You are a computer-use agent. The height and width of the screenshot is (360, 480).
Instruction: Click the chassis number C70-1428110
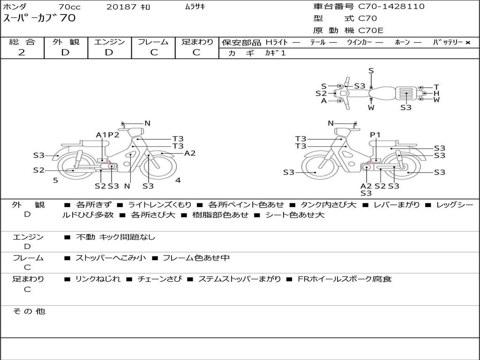click(x=391, y=7)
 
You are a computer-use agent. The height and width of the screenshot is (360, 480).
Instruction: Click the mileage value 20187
click(x=121, y=7)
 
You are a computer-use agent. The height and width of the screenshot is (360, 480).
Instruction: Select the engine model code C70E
click(x=371, y=31)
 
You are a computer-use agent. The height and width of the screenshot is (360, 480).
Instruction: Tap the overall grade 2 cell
click(x=22, y=52)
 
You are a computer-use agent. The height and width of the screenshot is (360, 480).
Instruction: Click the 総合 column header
click(x=22, y=42)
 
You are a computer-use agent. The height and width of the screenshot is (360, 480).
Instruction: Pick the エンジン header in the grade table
click(x=109, y=42)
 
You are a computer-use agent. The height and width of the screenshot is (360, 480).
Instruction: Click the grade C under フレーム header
click(x=154, y=52)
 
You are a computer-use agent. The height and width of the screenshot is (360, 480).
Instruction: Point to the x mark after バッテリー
click(x=468, y=43)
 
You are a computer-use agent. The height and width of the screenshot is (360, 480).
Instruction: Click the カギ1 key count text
click(x=275, y=53)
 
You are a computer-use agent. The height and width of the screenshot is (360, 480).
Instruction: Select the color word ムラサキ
click(x=195, y=7)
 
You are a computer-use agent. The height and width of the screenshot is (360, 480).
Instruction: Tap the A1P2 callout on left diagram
click(x=108, y=135)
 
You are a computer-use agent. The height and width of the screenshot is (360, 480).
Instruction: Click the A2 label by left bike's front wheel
click(x=190, y=153)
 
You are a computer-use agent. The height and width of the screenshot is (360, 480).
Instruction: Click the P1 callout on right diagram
click(x=375, y=135)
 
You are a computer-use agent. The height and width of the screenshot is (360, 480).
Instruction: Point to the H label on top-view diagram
click(x=436, y=93)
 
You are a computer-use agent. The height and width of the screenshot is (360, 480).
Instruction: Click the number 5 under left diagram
click(x=55, y=180)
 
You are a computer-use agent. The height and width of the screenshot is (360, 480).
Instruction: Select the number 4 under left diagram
click(x=178, y=180)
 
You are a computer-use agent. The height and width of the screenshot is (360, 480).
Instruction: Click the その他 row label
click(x=29, y=311)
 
